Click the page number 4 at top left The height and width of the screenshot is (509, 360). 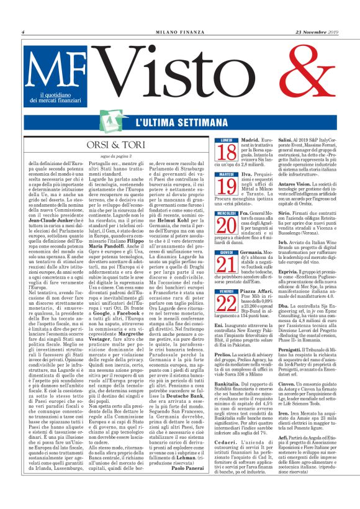point(23,32)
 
